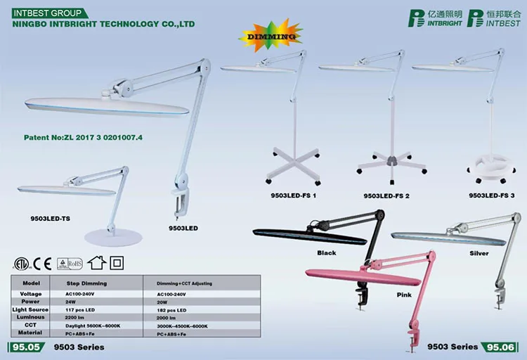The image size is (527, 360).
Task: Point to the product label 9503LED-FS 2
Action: (386, 195)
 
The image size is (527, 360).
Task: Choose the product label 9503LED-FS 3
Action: (491, 195)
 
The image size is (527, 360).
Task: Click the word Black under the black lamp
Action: (327, 252)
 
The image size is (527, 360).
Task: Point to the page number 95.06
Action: (500, 347)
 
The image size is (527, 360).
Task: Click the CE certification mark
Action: (44, 264)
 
